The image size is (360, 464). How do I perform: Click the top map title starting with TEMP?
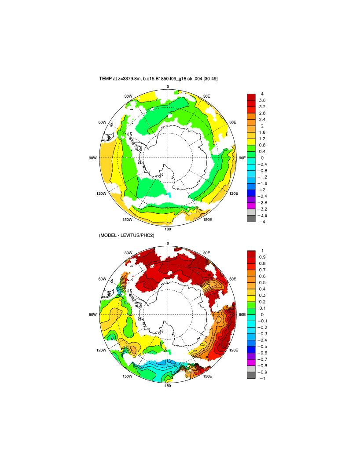pos(158,79)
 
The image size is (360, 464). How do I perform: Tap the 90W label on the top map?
pos(93,157)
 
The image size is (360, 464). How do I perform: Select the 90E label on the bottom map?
pos(242,314)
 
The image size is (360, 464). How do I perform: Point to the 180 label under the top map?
pos(168,229)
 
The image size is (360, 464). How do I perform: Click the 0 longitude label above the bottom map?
pos(168,243)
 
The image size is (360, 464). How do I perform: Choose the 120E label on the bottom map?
pos(234,351)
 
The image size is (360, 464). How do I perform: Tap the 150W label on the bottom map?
pos(127,376)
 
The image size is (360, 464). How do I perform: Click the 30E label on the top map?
pos(206,96)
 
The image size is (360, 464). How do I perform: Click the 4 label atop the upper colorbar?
pos(262,94)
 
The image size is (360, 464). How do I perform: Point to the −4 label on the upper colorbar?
pos(263,222)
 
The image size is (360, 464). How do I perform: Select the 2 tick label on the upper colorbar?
pos(262,126)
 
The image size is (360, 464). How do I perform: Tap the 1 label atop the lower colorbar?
pos(262,251)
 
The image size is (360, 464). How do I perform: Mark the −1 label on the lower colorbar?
pos(262,378)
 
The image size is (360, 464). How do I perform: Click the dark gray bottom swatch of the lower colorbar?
pos(251,375)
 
